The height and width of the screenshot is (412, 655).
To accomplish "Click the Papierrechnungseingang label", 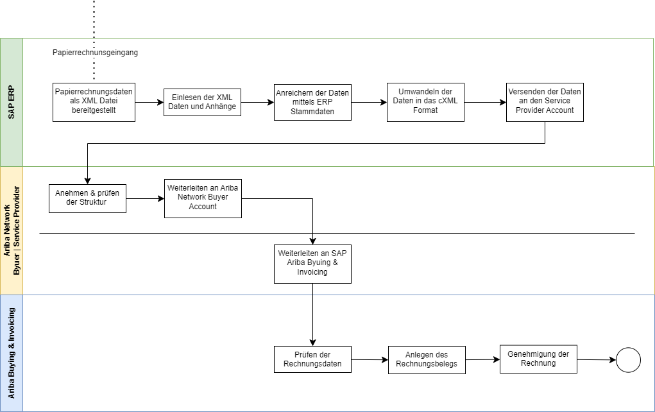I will pos(95,53).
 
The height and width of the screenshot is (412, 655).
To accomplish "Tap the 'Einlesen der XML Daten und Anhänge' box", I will pos(202,102).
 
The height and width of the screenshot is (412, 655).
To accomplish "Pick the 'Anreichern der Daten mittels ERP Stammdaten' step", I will pos(312,102).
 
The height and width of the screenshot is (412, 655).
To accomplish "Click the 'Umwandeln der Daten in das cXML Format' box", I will pos(425,101).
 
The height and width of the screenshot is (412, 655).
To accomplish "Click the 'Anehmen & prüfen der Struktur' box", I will pos(87,198).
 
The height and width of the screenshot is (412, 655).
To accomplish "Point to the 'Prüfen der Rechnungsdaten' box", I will pos(312,359).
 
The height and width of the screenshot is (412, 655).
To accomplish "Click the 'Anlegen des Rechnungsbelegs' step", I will pos(427,359).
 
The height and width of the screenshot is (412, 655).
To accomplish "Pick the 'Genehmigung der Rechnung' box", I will pos(538,359).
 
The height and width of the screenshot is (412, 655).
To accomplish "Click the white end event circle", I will pos(628,360).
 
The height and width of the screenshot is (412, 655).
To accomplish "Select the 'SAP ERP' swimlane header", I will pos(11,102).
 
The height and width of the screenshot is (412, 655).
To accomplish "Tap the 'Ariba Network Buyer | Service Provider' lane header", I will pos(11,230).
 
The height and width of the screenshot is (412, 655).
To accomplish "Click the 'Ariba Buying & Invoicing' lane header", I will pos(11,353).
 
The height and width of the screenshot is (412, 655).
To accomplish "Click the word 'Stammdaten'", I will pos(312,112).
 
